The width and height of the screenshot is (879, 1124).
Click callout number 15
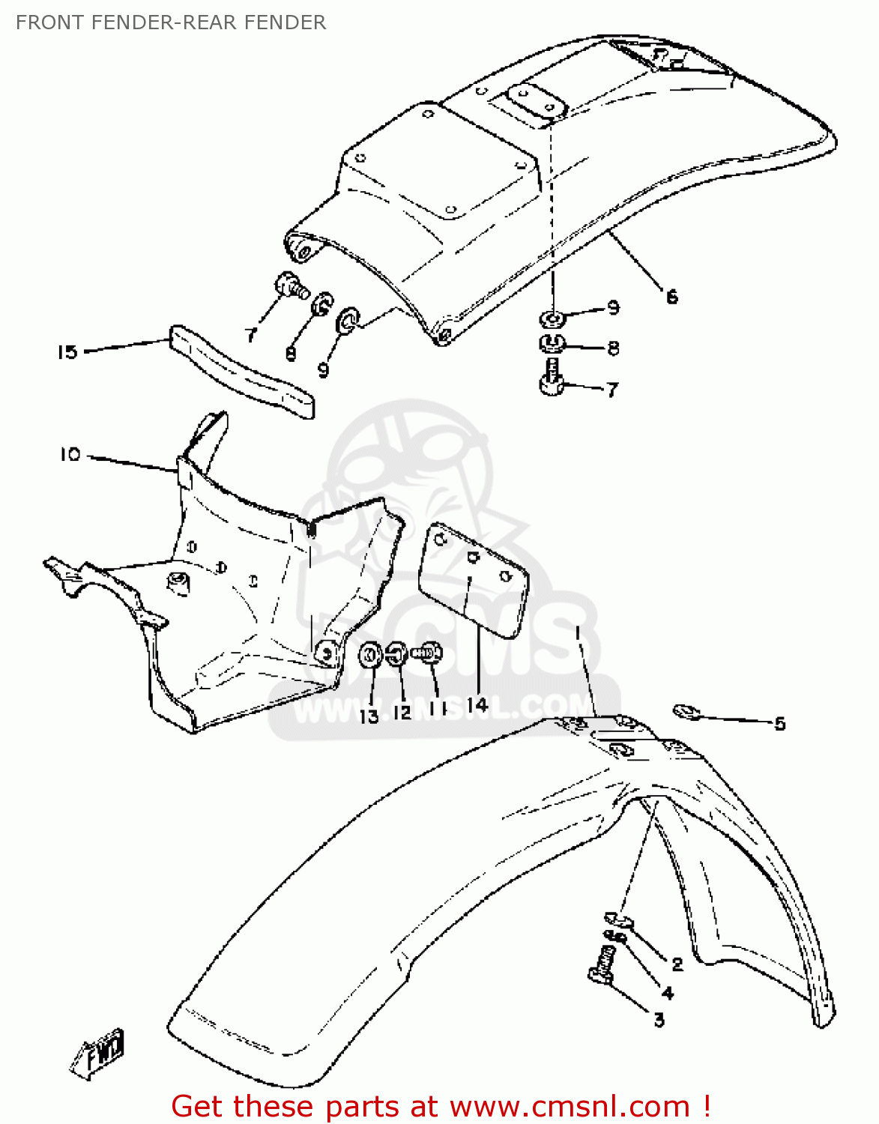[67, 351]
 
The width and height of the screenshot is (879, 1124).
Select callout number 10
[70, 455]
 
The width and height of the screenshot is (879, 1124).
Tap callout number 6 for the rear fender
[671, 297]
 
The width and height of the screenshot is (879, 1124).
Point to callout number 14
[477, 704]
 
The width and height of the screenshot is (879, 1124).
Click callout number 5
[779, 723]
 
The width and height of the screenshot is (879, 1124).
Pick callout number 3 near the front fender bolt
[659, 1019]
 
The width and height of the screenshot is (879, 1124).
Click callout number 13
[369, 716]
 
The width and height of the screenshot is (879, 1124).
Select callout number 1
[578, 633]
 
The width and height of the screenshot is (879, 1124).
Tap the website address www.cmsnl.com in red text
[569, 1106]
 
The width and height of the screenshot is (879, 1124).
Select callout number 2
[677, 964]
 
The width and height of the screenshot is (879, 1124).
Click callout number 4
[667, 993]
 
